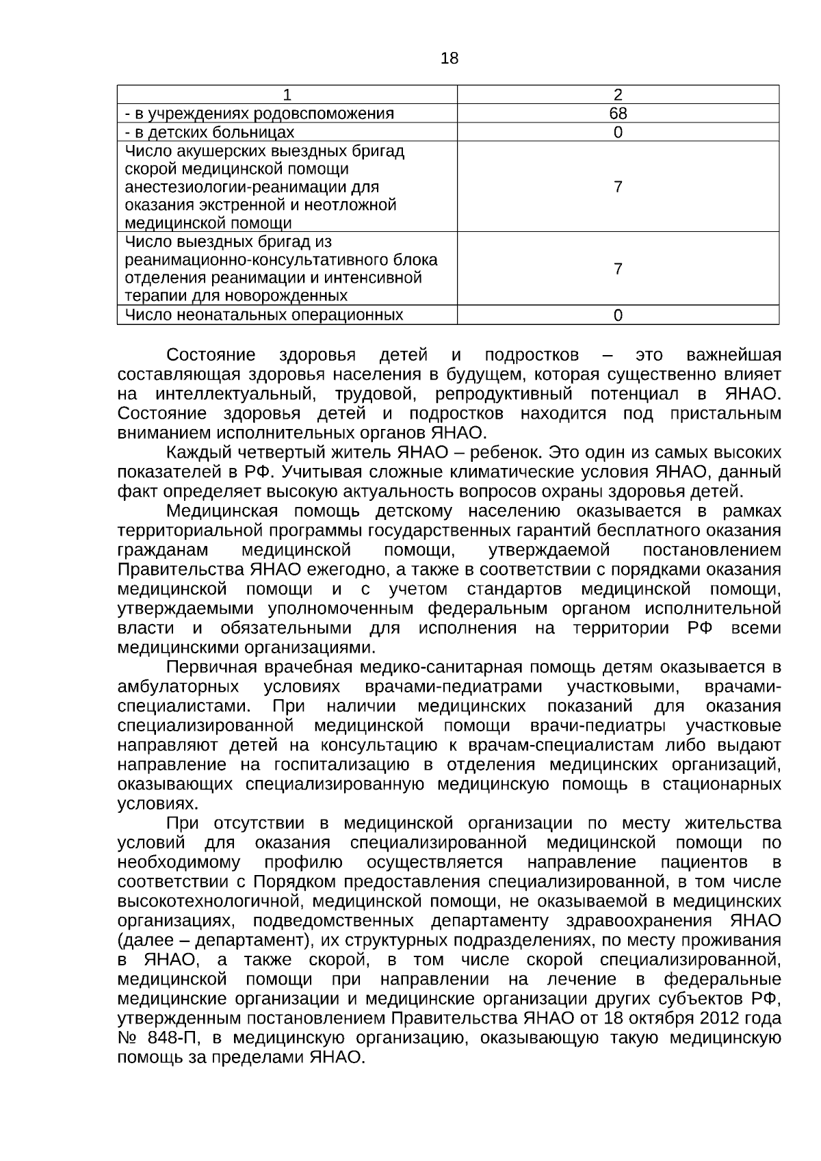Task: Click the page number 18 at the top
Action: (449, 59)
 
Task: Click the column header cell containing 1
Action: (287, 94)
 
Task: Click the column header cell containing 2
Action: (618, 94)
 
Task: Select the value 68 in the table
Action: (618, 114)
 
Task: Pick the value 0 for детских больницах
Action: (618, 133)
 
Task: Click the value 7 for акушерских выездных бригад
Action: (618, 187)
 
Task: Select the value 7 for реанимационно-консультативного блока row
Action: (618, 269)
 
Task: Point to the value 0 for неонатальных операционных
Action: (618, 315)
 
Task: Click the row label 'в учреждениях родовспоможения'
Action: (259, 114)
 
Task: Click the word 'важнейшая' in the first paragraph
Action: (733, 355)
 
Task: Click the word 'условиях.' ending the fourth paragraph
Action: (153, 803)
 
